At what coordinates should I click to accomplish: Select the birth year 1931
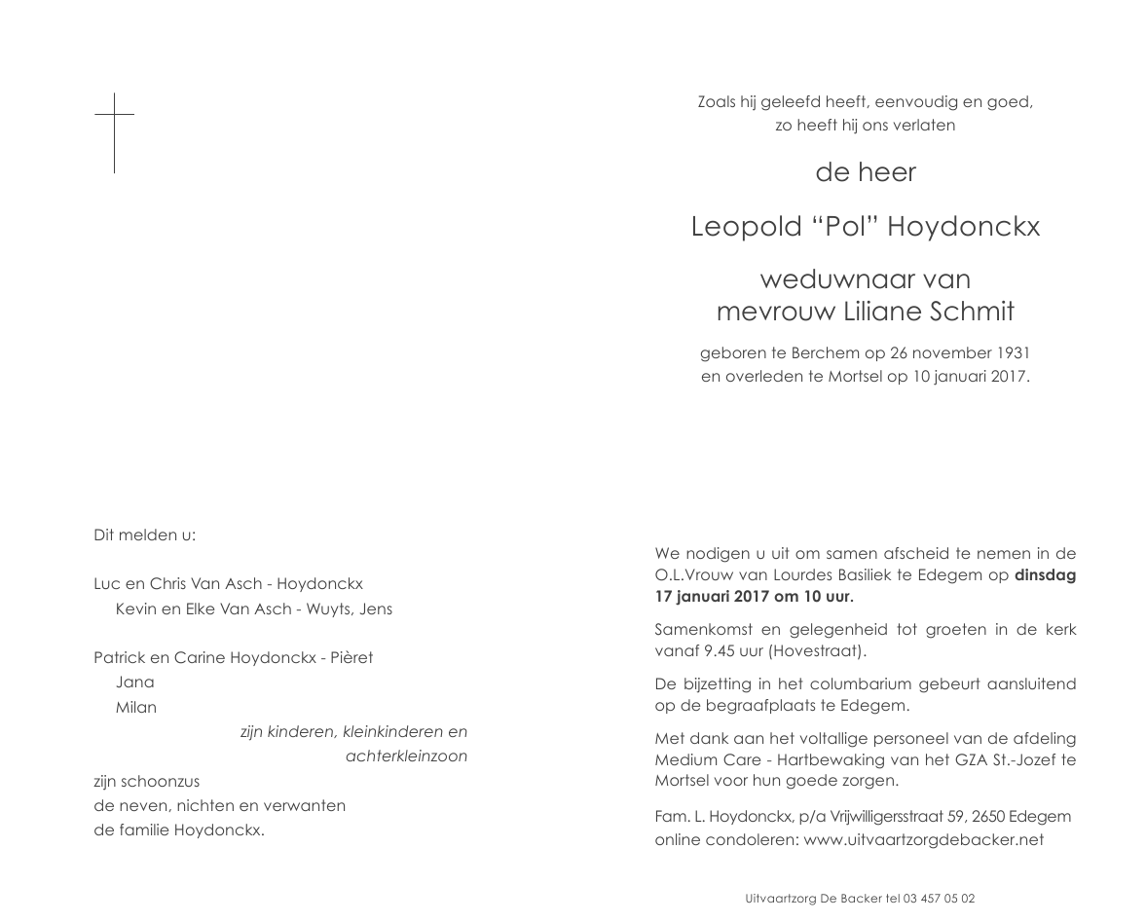[1013, 352]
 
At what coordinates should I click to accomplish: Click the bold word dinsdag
[1045, 574]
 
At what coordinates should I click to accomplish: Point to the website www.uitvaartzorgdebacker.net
[924, 839]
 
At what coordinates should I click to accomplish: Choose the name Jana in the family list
[134, 682]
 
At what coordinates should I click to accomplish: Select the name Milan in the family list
[136, 708]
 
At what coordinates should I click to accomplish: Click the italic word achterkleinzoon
[406, 756]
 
